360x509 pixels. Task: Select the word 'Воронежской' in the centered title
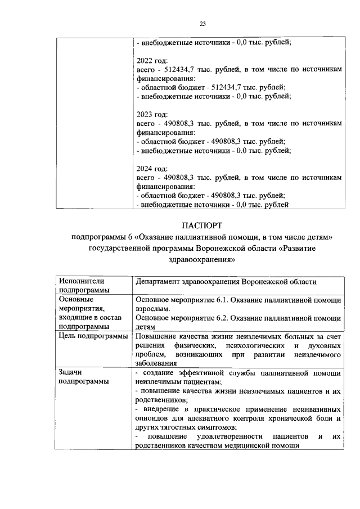point(219,248)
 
